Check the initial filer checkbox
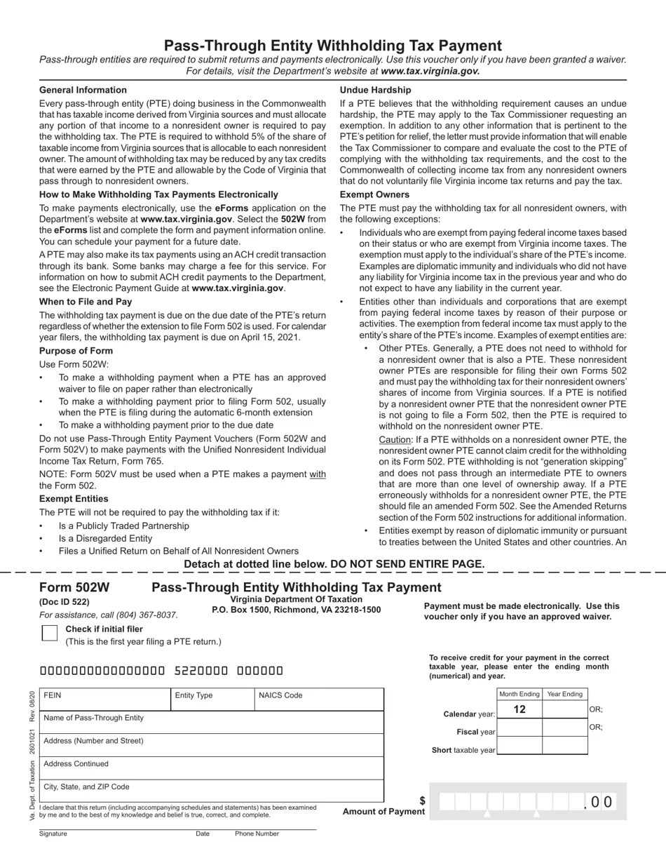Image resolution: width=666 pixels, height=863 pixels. [49, 633]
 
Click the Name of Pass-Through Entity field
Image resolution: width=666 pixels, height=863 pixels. [211, 723]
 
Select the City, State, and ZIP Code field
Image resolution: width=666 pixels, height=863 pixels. [211, 791]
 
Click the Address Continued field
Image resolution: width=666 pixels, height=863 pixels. [211, 768]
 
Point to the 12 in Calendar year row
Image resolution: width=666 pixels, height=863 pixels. [519, 709]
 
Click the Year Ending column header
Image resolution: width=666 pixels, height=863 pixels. [564, 694]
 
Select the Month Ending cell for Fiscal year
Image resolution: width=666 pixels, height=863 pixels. [519, 728]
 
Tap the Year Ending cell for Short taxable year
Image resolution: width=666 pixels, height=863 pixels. [564, 746]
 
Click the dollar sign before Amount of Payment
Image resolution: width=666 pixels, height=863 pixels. [422, 801]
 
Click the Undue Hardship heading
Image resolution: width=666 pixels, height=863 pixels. [376, 90]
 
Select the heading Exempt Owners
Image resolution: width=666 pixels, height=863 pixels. [374, 194]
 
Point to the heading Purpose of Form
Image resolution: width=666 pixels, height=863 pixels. [76, 351]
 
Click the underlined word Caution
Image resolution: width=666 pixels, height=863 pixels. [394, 439]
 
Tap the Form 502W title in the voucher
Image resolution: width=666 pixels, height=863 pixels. [74, 588]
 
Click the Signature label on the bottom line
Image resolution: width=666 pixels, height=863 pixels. [53, 834]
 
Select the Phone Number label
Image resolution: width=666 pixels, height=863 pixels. [257, 834]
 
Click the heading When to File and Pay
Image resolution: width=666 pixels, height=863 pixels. [86, 302]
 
